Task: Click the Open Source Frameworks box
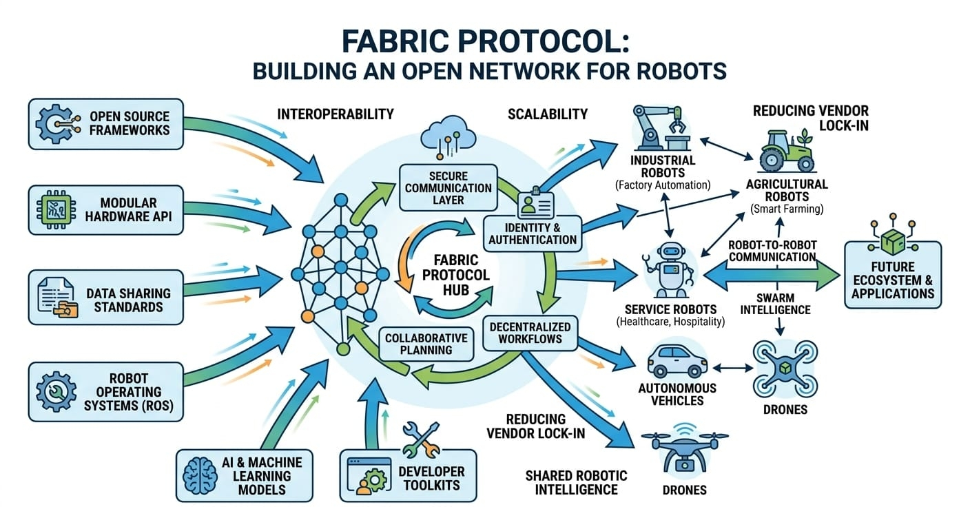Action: (x=106, y=124)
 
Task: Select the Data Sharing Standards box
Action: (x=106, y=297)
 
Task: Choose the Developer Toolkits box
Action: (x=408, y=475)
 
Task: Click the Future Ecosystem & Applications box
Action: (x=892, y=274)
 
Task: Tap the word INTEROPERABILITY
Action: (x=335, y=114)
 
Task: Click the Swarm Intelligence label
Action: (x=775, y=304)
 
